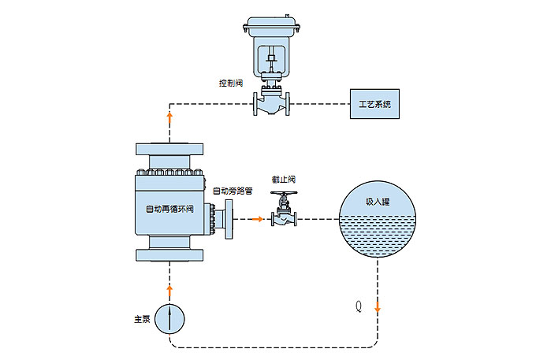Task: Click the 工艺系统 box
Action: coord(374,104)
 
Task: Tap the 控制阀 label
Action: coord(230,82)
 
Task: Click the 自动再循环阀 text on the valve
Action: coord(169,210)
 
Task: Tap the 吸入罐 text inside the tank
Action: coord(378,201)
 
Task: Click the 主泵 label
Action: coord(143,319)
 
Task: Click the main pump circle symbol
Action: coord(170,318)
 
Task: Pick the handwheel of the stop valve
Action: coord(284,195)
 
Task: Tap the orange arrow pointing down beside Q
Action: coord(378,307)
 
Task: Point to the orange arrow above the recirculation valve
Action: coord(170,117)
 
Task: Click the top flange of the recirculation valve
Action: coord(170,149)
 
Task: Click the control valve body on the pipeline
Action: coord(270,102)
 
